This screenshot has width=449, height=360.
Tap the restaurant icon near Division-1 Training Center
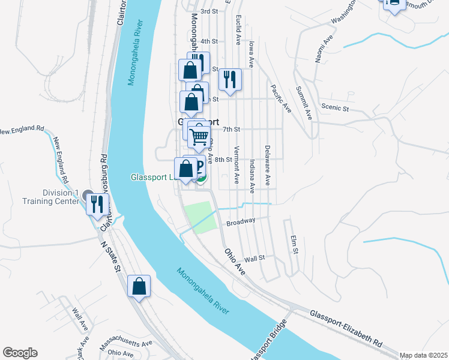pyautogui.click(x=97, y=204)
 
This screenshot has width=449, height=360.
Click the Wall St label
pyautogui.click(x=254, y=258)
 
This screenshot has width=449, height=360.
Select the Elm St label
pyautogui.click(x=295, y=243)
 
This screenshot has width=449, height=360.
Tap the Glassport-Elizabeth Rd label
pyautogui.click(x=346, y=328)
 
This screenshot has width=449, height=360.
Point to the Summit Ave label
pyautogui.click(x=304, y=103)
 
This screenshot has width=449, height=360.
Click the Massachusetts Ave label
pyautogui.click(x=126, y=346)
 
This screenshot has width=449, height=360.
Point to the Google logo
pyautogui.click(x=20, y=353)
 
